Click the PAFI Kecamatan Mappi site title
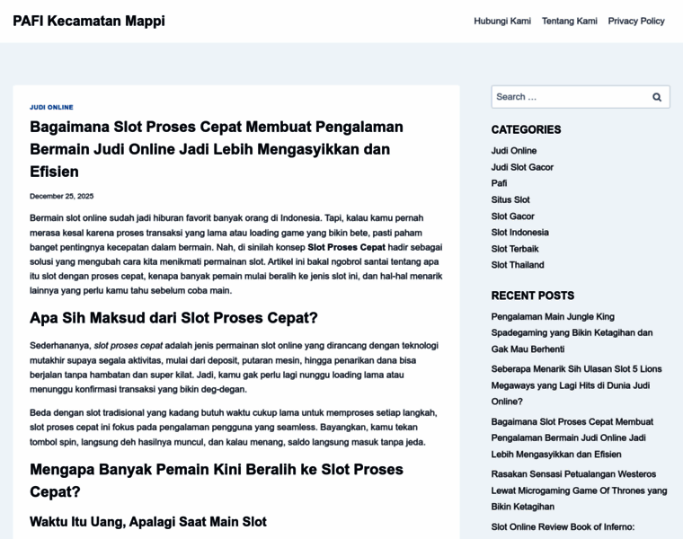89,21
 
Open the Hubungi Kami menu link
502,21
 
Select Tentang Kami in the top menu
570,21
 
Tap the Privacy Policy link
636,21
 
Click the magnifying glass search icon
657,97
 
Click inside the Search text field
566,97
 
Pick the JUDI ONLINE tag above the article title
51,107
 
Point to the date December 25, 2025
61,196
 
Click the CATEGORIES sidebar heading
526,129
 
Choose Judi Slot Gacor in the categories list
522,167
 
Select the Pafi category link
499,183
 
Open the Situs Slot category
510,199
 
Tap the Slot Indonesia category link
519,232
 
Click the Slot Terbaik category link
515,249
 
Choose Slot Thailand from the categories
518,265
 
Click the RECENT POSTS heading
532,296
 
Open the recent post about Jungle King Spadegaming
572,332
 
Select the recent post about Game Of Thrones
579,490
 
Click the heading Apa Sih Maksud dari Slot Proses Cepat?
173,318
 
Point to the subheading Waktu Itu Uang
148,521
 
